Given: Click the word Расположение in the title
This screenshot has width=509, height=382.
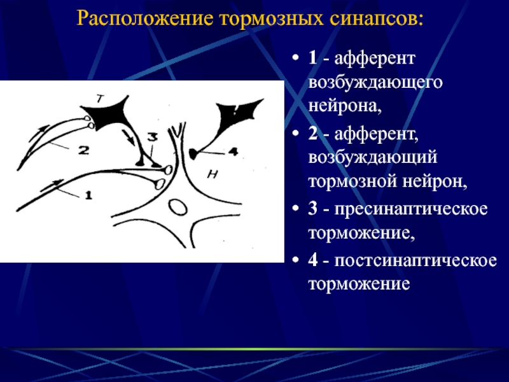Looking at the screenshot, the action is click(x=145, y=19).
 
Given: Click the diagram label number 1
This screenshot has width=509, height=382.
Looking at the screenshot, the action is click(x=88, y=195).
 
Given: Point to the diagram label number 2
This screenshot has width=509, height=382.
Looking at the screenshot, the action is click(x=84, y=150).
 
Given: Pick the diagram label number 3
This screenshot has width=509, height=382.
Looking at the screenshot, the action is click(x=152, y=137).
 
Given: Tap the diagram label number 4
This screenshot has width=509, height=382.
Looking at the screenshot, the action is click(x=233, y=152).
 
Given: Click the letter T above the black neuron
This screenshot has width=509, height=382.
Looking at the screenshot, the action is click(x=101, y=99).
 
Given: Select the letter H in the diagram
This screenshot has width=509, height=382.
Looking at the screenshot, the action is click(x=213, y=174).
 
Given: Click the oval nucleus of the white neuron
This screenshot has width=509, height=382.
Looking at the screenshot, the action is click(x=178, y=208).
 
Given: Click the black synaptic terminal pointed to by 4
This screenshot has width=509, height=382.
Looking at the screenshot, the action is click(x=193, y=153).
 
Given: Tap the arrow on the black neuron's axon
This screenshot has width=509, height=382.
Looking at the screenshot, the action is click(x=129, y=137).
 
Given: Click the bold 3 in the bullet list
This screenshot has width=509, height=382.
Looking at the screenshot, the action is click(x=312, y=208).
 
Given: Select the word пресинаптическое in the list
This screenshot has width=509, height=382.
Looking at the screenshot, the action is click(x=411, y=209).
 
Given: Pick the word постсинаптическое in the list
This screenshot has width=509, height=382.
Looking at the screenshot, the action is click(x=415, y=260).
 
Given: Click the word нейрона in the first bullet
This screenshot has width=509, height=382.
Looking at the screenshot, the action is click(x=344, y=106).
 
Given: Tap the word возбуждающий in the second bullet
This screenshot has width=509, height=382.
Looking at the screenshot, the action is click(x=373, y=158).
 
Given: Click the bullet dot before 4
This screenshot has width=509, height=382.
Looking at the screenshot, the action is click(x=295, y=260).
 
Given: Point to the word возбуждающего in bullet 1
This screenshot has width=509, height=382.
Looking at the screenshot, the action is click(x=375, y=83).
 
